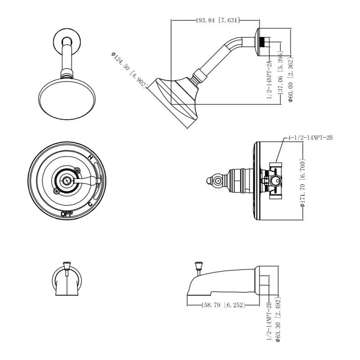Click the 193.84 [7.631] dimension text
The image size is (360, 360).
pos(218,20)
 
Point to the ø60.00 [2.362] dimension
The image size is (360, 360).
pos(291,79)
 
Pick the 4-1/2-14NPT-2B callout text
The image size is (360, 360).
pos(310,138)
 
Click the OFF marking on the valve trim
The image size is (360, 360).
pos(67,214)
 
